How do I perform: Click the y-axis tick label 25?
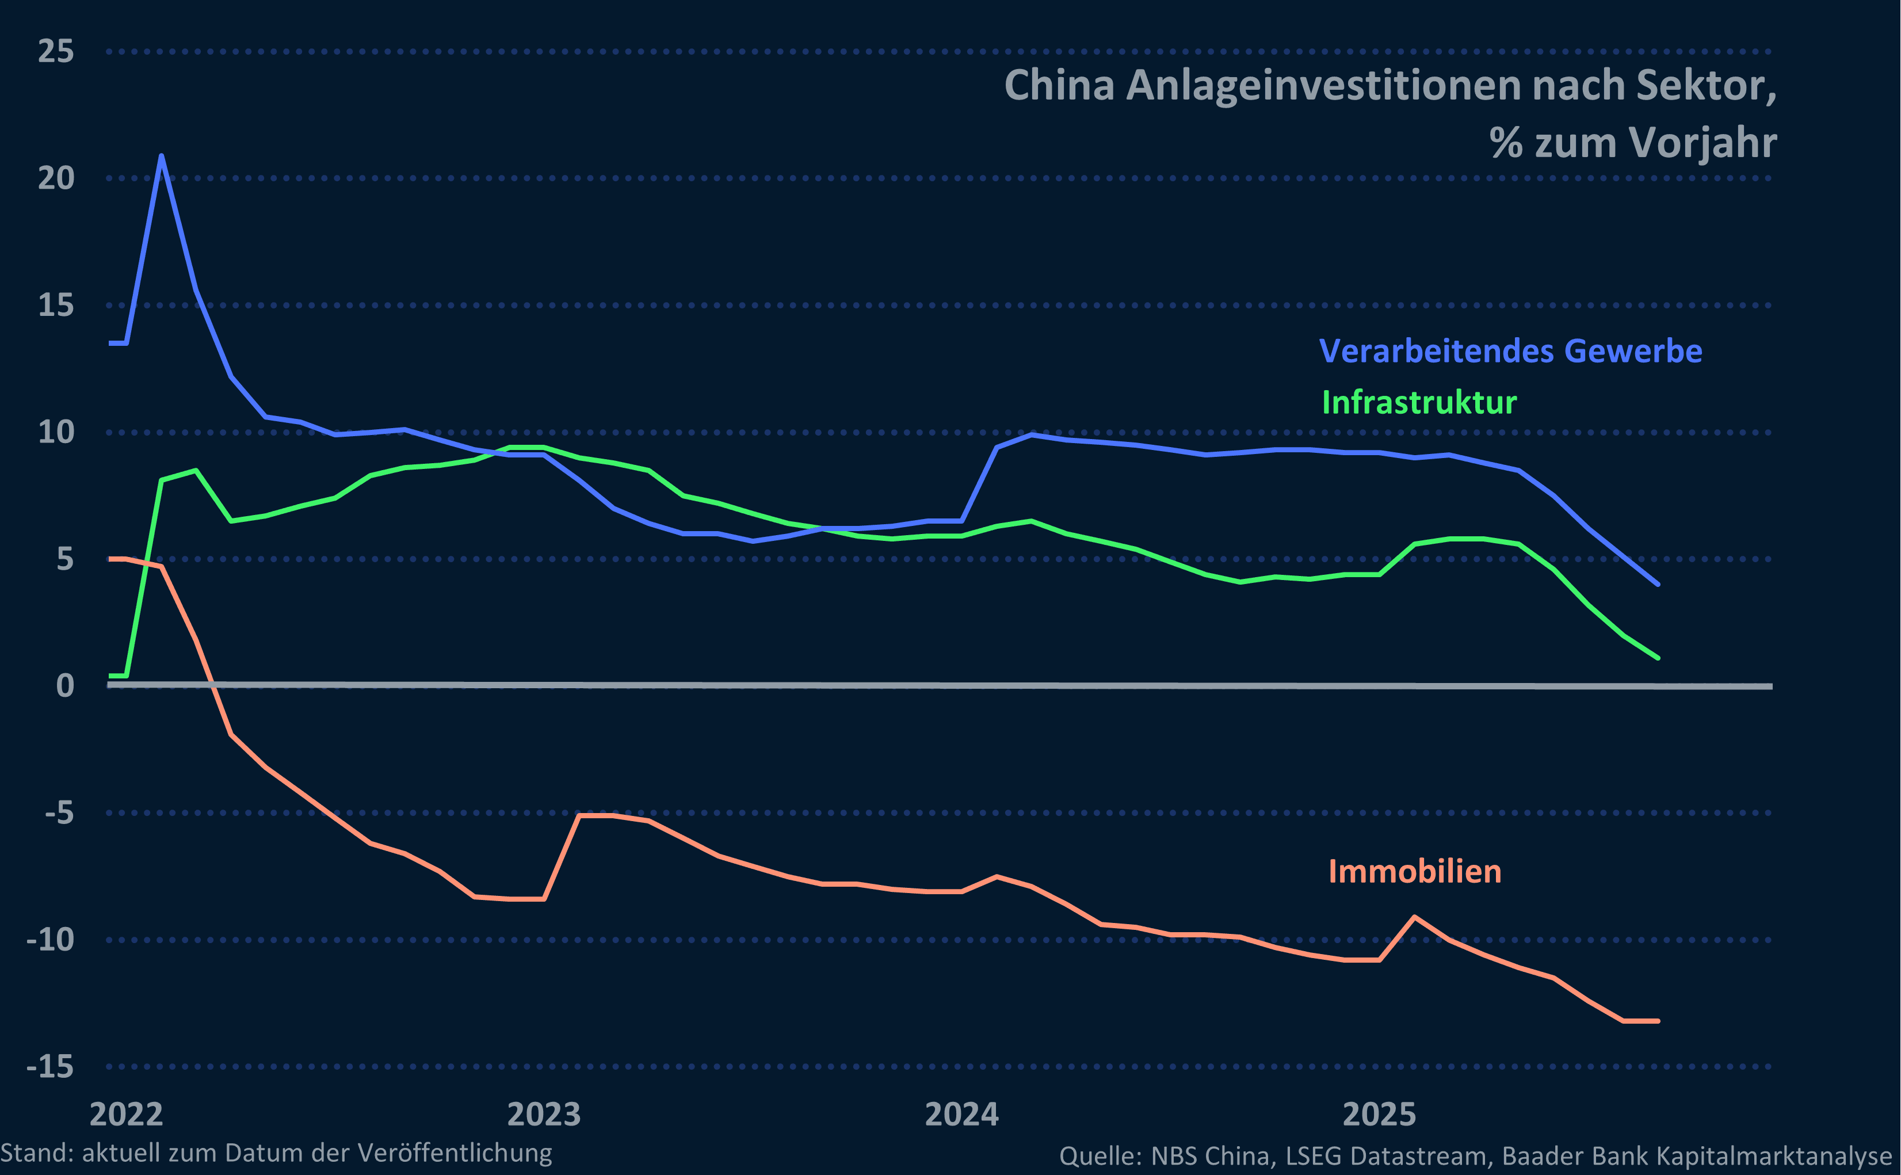point(56,51)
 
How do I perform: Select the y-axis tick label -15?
point(51,1066)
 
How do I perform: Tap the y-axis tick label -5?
point(59,813)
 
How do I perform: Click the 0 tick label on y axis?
point(65,685)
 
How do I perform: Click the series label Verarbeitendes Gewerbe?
point(1510,350)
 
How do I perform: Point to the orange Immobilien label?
point(1415,871)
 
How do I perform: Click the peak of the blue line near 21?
point(161,156)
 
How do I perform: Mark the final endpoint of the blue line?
point(1658,583)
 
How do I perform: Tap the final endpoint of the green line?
point(1658,658)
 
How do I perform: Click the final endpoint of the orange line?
point(1658,1020)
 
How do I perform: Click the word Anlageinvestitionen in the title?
point(1323,86)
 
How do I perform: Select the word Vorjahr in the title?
point(1703,143)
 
